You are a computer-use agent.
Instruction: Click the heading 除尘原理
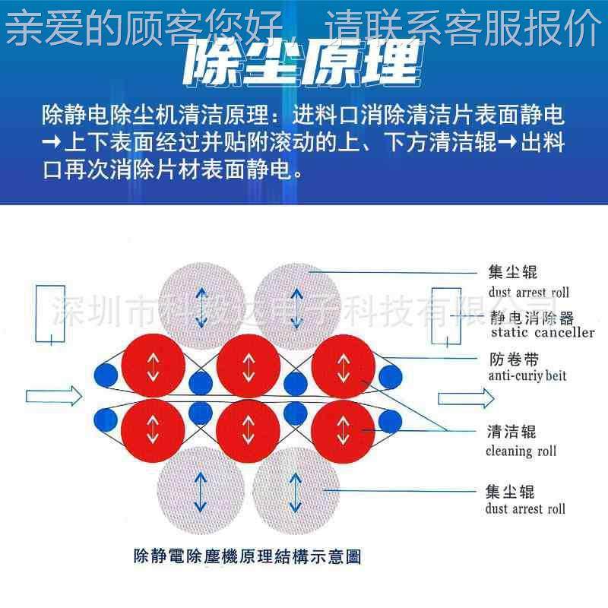tap(302, 63)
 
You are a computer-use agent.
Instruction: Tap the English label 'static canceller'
tap(543, 332)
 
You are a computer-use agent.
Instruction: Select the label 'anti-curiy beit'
tap(527, 375)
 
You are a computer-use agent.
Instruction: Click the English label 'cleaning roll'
tap(521, 451)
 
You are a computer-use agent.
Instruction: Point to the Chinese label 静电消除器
tap(531, 317)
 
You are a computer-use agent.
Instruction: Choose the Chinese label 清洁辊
tap(511, 432)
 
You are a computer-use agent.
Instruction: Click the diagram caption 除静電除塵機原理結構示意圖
tap(246, 556)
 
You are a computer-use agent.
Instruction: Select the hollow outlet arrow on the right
tap(465, 397)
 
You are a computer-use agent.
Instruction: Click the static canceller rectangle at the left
tap(50, 313)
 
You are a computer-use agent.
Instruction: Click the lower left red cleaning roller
tap(153, 429)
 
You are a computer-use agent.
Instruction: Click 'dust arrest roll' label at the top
tap(527, 292)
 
